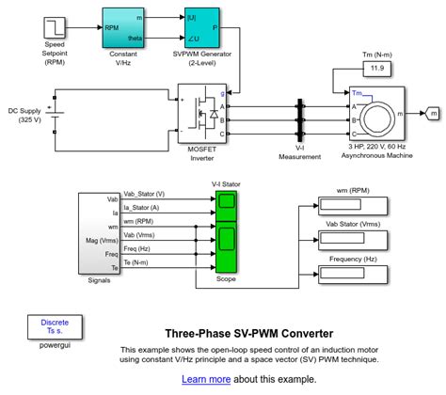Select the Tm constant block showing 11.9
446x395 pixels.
(377, 68)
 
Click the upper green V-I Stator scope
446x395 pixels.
(227, 201)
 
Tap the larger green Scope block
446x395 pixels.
(227, 247)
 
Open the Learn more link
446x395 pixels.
(206, 379)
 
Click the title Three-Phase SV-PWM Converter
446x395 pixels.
(248, 333)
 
